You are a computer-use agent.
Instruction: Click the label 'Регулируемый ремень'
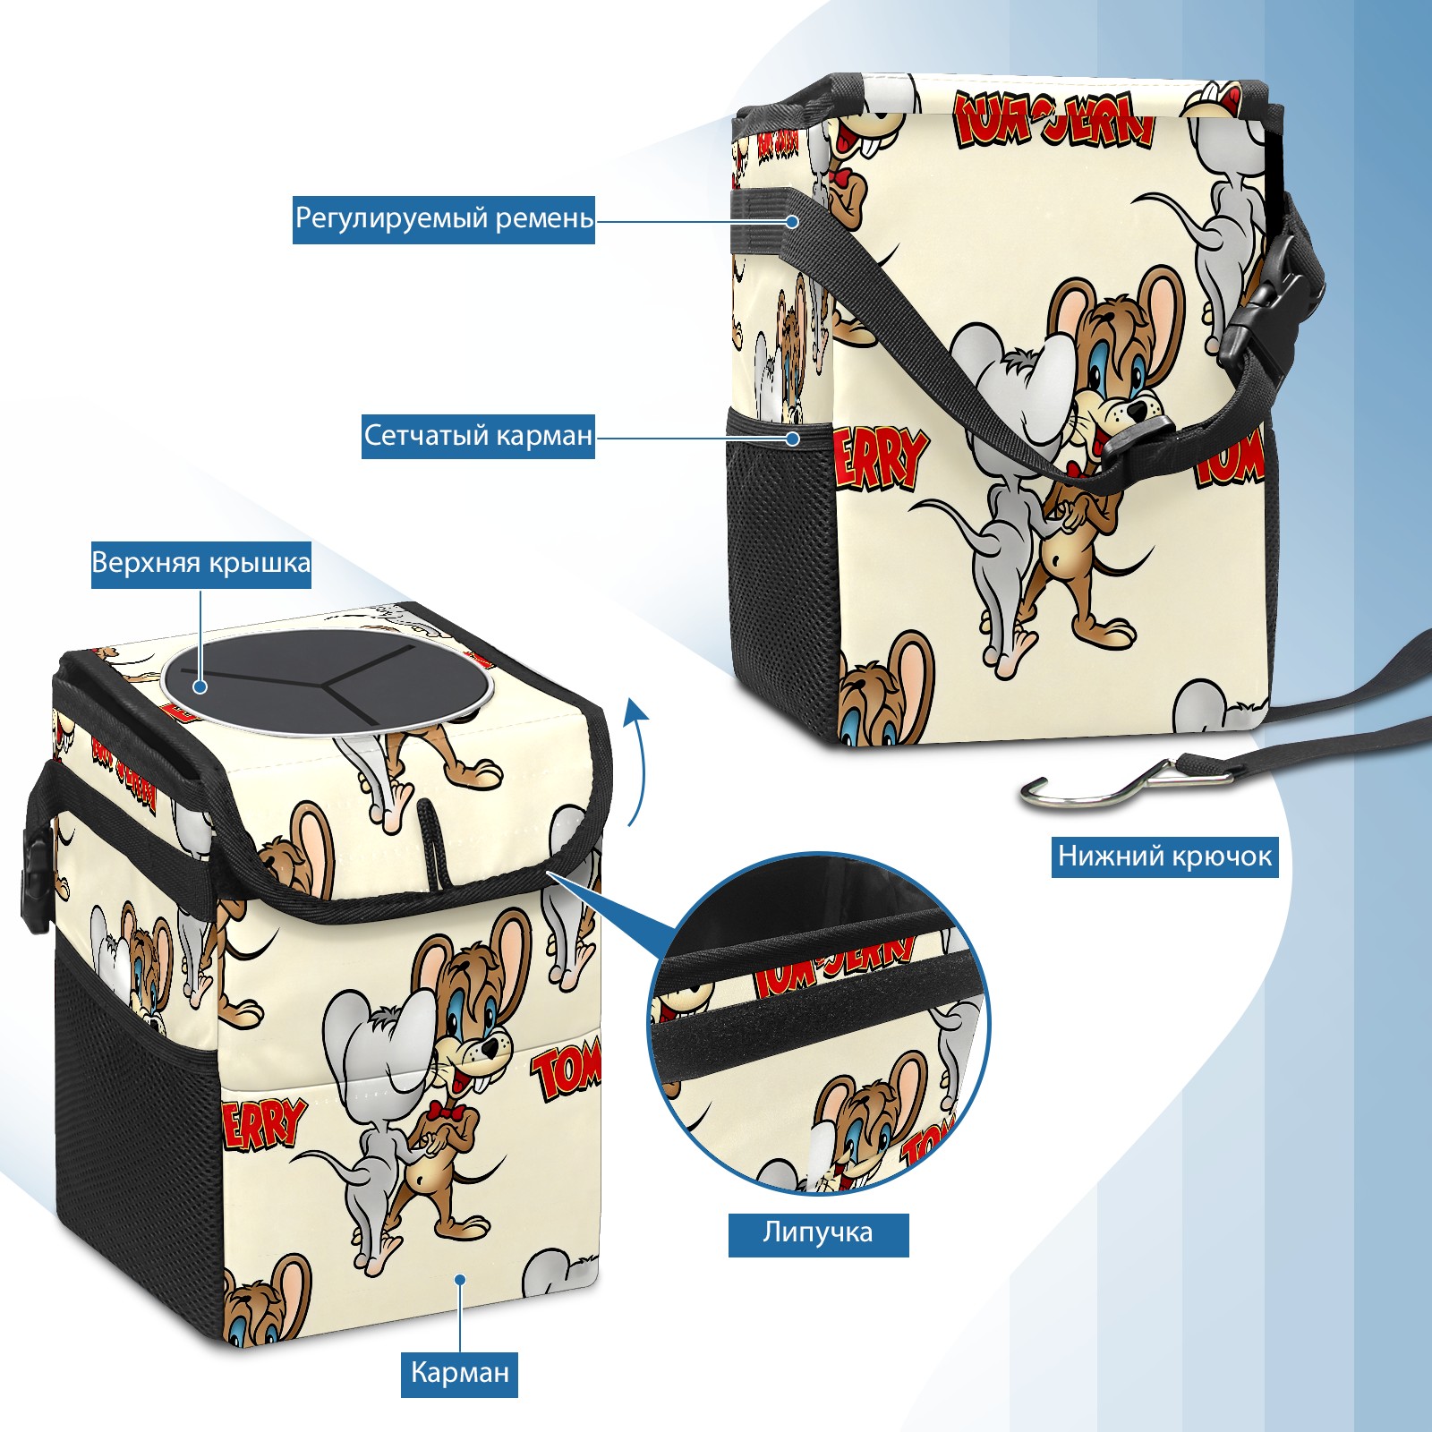(444, 219)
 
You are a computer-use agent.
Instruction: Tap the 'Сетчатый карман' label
(478, 436)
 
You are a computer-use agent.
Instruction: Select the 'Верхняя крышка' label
(201, 564)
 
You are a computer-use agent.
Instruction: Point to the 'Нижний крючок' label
(1164, 857)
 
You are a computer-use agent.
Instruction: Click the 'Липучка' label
(818, 1234)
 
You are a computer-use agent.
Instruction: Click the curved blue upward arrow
(637, 761)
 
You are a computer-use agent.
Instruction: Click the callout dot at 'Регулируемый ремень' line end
(792, 220)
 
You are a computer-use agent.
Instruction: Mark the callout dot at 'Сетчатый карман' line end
(792, 438)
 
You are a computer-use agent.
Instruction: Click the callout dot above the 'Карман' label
(459, 1279)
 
